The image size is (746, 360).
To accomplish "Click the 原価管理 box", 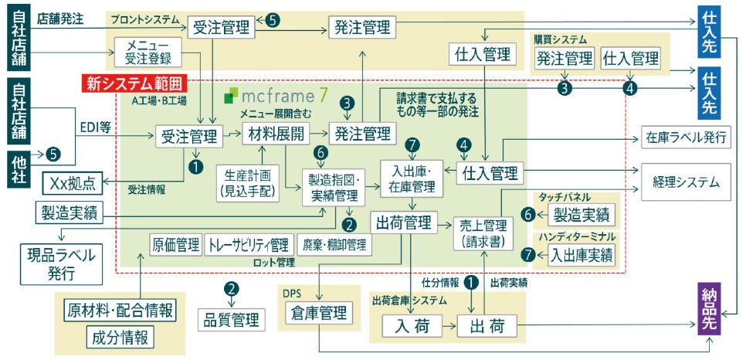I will pos(175,246).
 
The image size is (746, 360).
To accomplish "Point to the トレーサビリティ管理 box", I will pos(249,246).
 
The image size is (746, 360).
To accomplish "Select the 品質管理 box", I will pos(231,319).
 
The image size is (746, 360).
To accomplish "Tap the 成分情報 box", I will pos(120,337).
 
